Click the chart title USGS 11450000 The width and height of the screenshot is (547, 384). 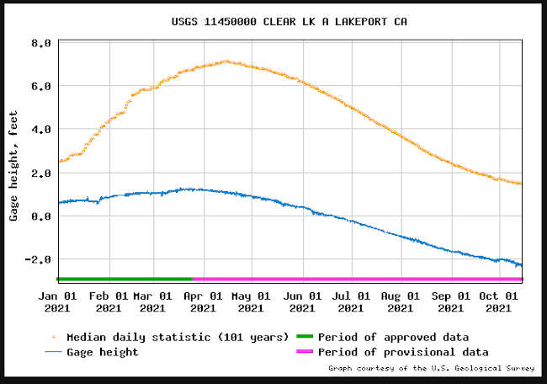273,20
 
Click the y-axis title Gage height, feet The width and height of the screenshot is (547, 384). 14,166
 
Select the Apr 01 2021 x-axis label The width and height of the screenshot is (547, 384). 203,301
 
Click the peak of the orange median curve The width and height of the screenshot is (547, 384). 225,61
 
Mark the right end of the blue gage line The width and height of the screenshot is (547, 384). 522,266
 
